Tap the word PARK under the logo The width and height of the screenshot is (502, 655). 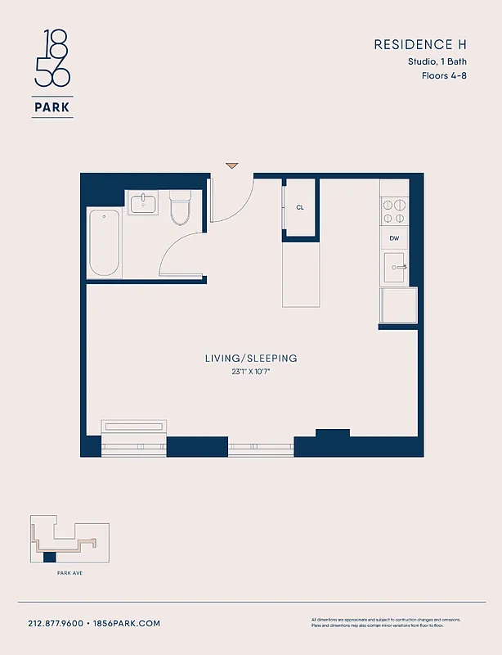tap(52, 106)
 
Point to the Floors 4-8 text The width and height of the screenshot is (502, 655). tap(444, 75)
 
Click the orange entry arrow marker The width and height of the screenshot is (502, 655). tap(232, 165)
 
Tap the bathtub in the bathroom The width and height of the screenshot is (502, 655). tap(105, 243)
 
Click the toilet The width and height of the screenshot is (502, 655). tap(179, 208)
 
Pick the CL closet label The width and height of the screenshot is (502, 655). tap(300, 208)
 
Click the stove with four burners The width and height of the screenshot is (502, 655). tap(395, 211)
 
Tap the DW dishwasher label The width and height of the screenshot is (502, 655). tap(394, 238)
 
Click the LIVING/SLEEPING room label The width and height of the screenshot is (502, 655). tap(250, 359)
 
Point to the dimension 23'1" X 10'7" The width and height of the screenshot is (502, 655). tap(250, 372)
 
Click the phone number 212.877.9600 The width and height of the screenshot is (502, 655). tap(56, 623)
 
